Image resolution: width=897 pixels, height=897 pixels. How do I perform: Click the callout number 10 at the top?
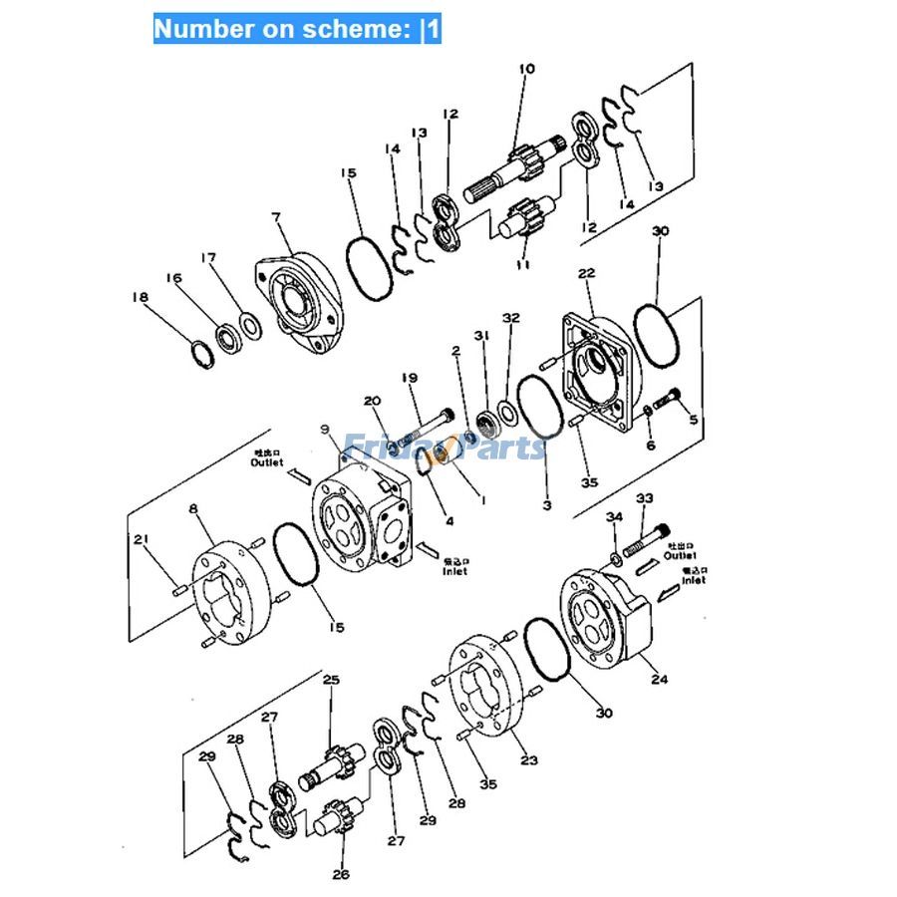526,69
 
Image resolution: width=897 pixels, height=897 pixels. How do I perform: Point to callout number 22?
586,273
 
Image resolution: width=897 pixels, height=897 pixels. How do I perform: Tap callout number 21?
143,540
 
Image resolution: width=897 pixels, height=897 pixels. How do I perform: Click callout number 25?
331,680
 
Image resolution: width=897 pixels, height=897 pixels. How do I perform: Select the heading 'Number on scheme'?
296,29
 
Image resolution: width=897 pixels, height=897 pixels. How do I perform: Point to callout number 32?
510,318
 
